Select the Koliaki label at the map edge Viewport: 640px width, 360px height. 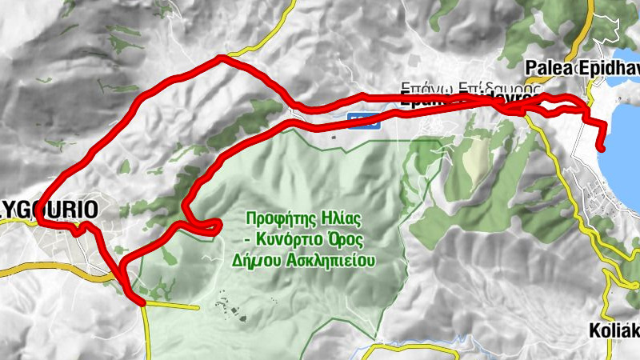(x=614, y=330)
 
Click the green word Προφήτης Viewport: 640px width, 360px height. (x=277, y=218)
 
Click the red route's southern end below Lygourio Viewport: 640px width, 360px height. (x=142, y=303)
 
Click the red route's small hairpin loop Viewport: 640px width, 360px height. (x=214, y=228)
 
